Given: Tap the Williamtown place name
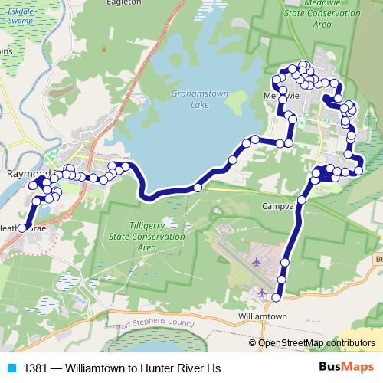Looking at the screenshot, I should pos(262,316).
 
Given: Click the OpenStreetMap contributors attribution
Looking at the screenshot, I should pos(316,342).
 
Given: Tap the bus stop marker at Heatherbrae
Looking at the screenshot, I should pos(22,228).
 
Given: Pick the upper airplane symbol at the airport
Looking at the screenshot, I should pos(255,263).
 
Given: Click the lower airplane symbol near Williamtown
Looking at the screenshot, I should pos(263,293).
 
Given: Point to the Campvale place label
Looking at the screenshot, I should pos(277,207).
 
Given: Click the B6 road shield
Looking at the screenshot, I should pos(378,260).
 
